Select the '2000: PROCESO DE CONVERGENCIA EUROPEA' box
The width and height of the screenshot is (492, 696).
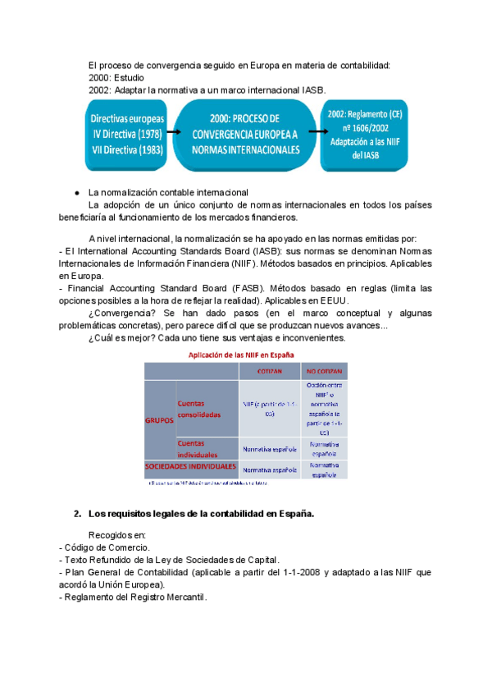point(244,135)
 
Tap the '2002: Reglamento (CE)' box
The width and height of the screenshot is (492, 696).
point(365,135)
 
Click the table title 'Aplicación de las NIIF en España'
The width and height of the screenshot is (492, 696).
point(243,354)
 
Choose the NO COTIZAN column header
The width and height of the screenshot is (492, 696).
point(323,371)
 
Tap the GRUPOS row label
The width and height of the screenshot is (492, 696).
point(158,419)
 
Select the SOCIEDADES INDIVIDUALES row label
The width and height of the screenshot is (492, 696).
point(191,466)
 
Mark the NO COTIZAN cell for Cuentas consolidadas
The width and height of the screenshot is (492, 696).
point(323,408)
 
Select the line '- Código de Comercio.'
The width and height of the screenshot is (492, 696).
point(103,547)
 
